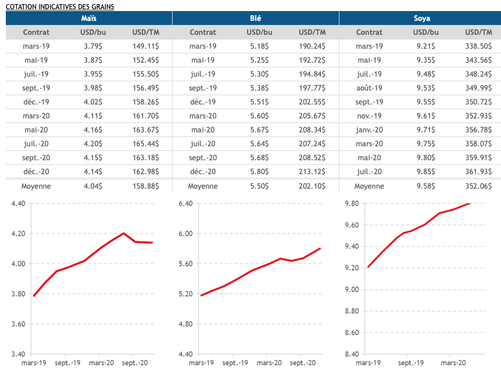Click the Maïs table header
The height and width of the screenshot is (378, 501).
point(89,19)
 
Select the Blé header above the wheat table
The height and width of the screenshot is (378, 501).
point(256,19)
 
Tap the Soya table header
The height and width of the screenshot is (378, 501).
point(422,19)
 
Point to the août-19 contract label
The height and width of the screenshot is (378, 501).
point(369,88)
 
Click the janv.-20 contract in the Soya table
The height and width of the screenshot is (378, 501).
point(369,129)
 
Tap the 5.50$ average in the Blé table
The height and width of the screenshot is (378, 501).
point(259,186)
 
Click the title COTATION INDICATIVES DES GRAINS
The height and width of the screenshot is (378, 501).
point(60,6)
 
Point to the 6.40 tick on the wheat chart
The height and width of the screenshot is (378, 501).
point(185,204)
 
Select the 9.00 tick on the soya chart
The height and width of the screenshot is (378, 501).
point(351,290)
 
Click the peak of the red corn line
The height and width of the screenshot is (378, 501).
point(124,233)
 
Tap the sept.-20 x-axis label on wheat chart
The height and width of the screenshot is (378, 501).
point(302,363)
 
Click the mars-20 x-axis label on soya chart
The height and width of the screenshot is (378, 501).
point(453,363)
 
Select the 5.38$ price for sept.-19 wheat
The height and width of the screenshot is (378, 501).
point(259,88)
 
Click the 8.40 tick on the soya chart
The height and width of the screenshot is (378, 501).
point(351,354)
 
